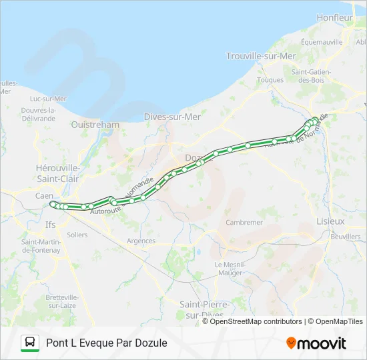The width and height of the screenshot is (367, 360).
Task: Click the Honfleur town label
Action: [x=334, y=17]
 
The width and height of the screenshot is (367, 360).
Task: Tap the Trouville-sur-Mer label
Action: [x=261, y=56]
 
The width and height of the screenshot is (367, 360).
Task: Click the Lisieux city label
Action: [x=331, y=221]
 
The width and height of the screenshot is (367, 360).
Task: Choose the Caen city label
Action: [x=44, y=196]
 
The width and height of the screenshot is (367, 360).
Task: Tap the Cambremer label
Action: [x=245, y=222]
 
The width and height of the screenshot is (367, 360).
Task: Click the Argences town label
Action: [x=141, y=241]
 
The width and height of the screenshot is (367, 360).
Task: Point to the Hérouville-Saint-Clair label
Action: [x=57, y=173]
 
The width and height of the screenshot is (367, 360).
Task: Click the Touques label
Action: [x=270, y=79]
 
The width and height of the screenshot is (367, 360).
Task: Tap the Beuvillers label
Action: [x=345, y=237]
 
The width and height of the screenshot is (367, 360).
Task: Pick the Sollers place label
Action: [x=77, y=235]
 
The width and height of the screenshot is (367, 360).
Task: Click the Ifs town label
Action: [x=50, y=225]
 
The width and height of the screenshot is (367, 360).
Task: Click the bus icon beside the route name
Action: [x=30, y=343]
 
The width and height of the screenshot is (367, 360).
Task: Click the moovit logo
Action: [x=316, y=343]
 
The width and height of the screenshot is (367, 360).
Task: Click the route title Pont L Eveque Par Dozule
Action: [x=107, y=343]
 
